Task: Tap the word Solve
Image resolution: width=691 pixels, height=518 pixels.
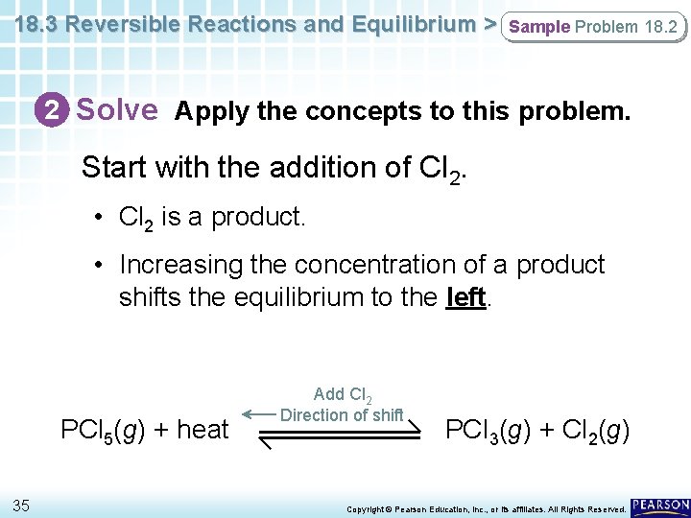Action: click(x=116, y=110)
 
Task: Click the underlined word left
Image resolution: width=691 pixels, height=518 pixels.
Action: click(x=466, y=297)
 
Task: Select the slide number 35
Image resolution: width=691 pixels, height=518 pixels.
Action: click(x=21, y=506)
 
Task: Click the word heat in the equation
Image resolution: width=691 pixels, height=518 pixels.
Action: click(x=203, y=429)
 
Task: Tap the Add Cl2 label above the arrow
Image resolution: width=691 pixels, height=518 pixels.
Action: click(x=343, y=394)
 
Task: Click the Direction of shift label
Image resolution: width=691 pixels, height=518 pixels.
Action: click(x=342, y=414)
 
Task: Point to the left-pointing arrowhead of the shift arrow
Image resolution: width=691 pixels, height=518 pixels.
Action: click(x=249, y=414)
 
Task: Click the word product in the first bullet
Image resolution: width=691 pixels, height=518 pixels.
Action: click(x=258, y=217)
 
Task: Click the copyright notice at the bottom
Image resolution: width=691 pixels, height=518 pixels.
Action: click(x=487, y=508)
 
